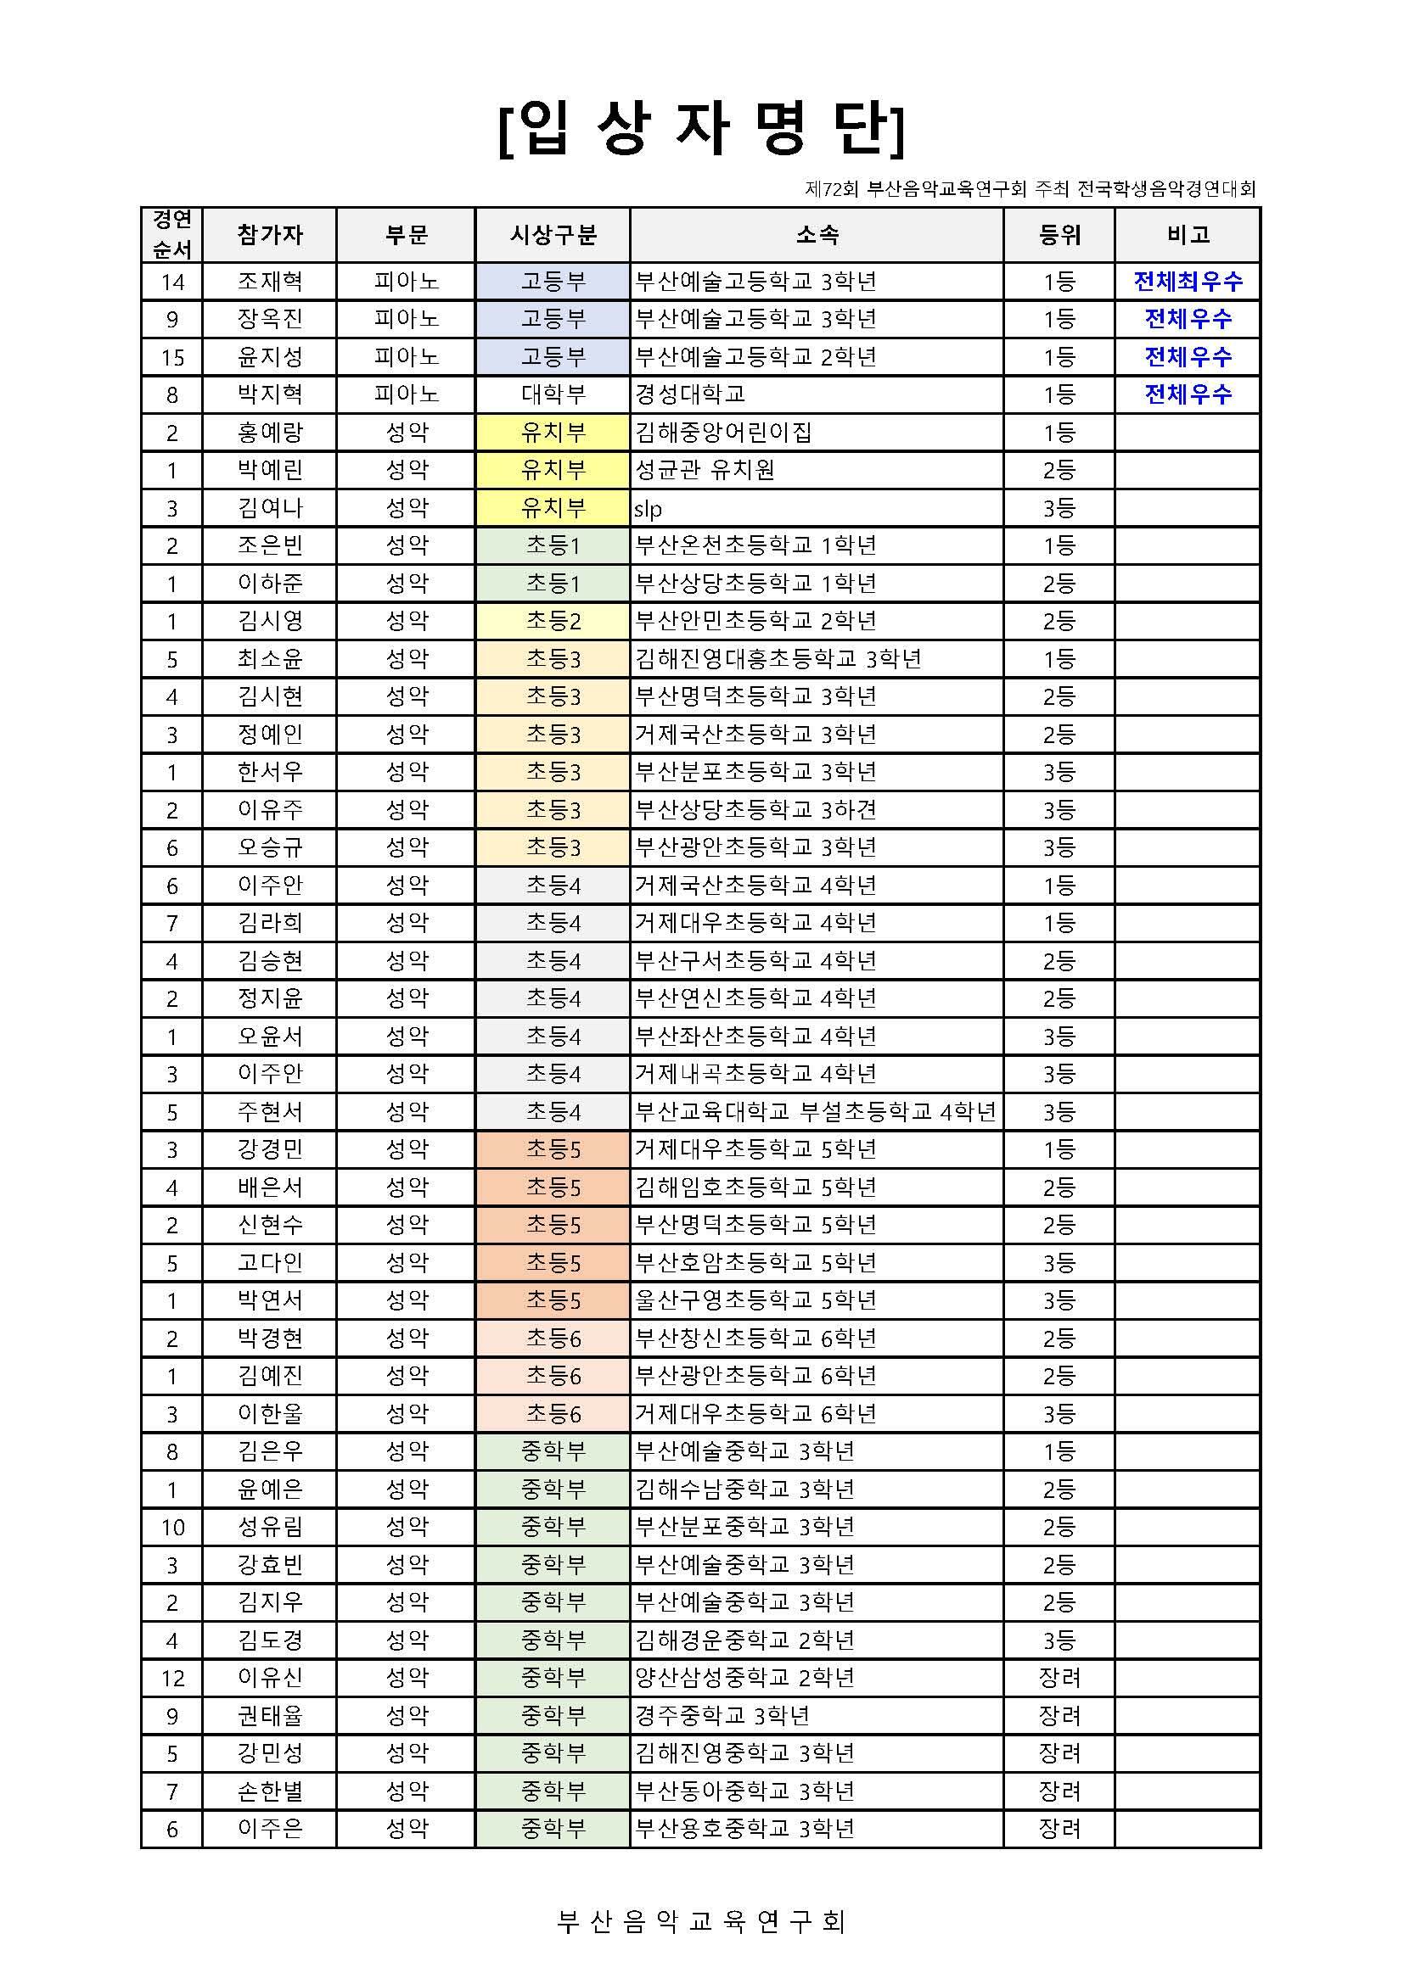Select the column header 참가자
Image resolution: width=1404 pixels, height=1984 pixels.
pos(270,235)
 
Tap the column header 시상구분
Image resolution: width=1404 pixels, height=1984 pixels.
pos(553,235)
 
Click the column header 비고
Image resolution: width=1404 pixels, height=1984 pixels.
pos(1187,235)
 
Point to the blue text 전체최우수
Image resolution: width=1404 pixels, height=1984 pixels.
pos(1187,282)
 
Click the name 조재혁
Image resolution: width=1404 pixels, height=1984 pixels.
pos(270,282)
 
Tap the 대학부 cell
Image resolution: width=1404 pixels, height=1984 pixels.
pos(553,395)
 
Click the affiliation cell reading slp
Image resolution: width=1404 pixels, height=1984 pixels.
pos(649,509)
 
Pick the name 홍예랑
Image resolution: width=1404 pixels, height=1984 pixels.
pos(270,433)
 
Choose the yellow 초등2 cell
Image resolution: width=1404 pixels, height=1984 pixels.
pos(553,621)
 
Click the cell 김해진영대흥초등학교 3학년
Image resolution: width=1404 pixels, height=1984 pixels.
pos(778,659)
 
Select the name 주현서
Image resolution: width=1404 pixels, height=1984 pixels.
pos(270,1112)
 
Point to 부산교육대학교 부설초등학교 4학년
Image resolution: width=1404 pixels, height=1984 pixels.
pos(815,1112)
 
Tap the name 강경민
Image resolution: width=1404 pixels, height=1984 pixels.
pos(270,1150)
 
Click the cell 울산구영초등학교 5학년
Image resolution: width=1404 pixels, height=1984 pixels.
pos(755,1300)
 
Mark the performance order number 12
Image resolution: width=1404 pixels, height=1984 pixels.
pos(172,1678)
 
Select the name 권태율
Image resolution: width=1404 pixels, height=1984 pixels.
pos(270,1716)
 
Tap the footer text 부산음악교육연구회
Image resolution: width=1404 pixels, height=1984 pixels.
pos(701,1921)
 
